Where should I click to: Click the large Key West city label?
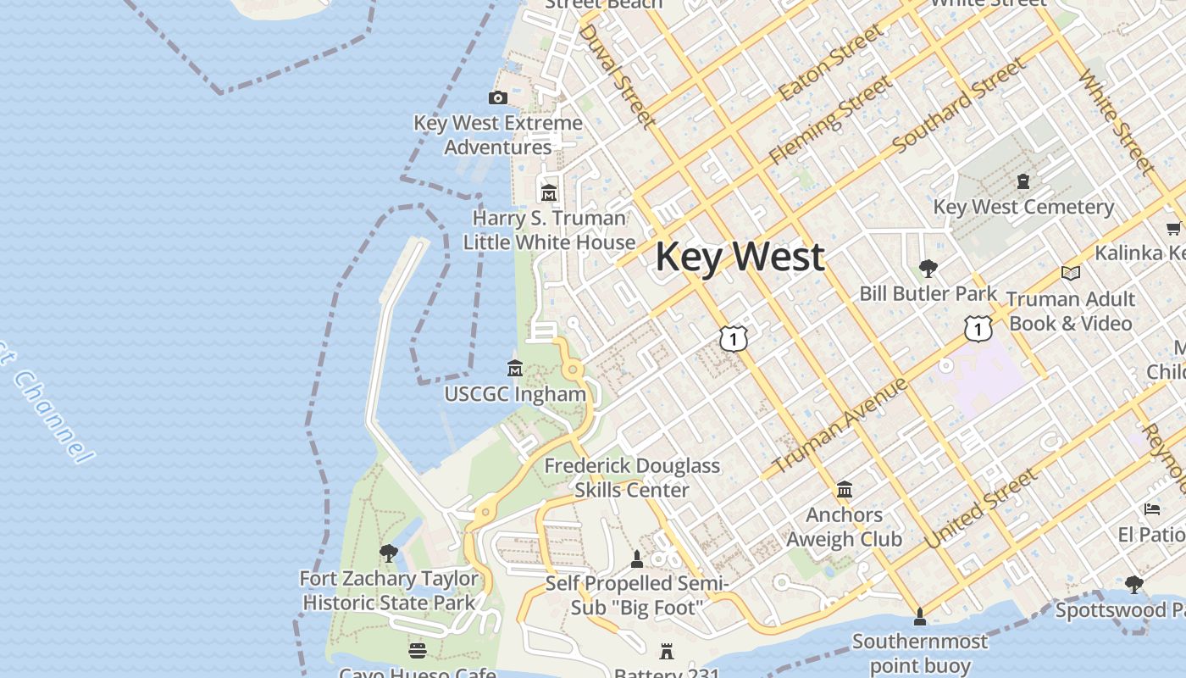[x=740, y=257]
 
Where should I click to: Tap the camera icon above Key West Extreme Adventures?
[x=498, y=98]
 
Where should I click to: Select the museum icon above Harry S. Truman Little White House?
[x=549, y=193]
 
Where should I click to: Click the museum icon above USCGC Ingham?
[x=514, y=369]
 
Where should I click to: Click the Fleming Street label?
[x=830, y=119]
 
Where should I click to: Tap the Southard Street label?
[x=959, y=105]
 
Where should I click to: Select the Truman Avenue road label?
[x=841, y=425]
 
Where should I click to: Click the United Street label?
[x=981, y=508]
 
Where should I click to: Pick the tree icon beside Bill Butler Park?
[x=928, y=269]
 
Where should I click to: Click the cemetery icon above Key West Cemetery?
[x=1023, y=181]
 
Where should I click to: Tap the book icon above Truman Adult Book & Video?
[x=1071, y=273]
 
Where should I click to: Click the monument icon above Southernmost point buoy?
[x=920, y=616]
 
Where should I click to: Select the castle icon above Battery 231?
[x=667, y=652]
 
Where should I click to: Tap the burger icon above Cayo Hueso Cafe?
[x=418, y=650]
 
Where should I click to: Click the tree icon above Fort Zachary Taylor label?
[x=389, y=553]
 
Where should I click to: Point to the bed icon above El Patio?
[x=1152, y=509]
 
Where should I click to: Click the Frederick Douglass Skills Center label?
[x=632, y=477]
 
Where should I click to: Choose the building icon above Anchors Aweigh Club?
[x=845, y=490]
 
